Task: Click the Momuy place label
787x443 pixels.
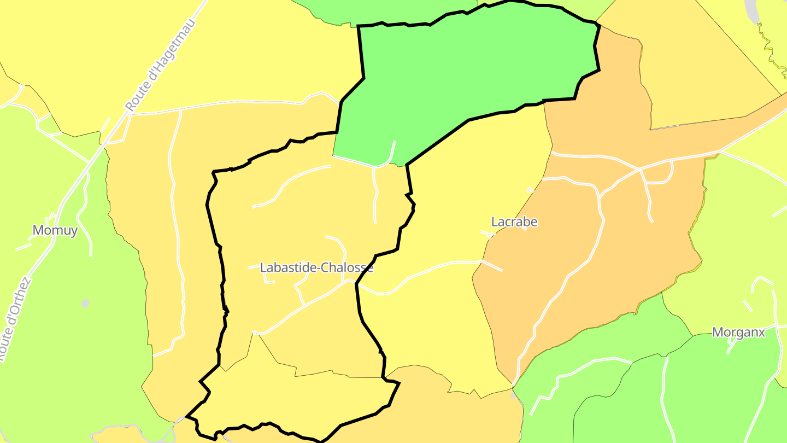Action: (x=55, y=230)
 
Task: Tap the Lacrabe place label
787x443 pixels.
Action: (x=514, y=222)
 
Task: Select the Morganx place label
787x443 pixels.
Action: (x=738, y=333)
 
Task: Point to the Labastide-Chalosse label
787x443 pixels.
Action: (x=316, y=268)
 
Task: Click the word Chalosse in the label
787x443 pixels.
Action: (x=347, y=268)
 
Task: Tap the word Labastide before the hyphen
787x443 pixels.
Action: (x=287, y=268)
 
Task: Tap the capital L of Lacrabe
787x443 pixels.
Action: (x=495, y=222)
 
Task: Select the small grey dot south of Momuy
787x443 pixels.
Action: (x=85, y=303)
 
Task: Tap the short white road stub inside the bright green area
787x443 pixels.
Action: (x=392, y=151)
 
